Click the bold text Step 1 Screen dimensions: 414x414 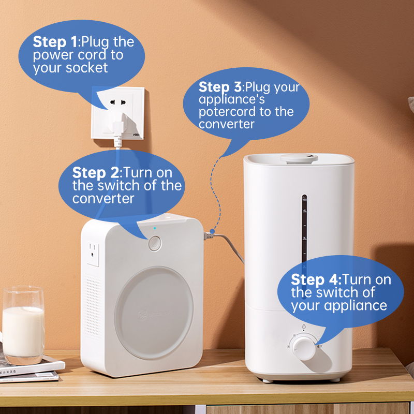click(55, 42)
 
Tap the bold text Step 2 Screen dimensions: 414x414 click(96, 173)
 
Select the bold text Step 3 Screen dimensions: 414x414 click(220, 87)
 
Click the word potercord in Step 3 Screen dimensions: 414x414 click(227, 112)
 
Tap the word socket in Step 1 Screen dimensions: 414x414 click(86, 68)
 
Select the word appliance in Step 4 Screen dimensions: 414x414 click(356, 306)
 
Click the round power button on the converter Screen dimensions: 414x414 click(155, 243)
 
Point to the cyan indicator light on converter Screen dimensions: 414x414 click(155, 228)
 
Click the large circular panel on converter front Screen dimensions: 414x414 click(154, 313)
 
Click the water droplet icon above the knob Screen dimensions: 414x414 click(304, 327)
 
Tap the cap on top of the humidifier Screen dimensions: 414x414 click(299, 158)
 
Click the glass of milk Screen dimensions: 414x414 click(23, 326)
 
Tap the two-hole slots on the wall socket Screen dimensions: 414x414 click(118, 102)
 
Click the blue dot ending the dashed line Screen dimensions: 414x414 click(212, 231)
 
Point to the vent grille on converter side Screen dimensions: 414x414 click(93, 307)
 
